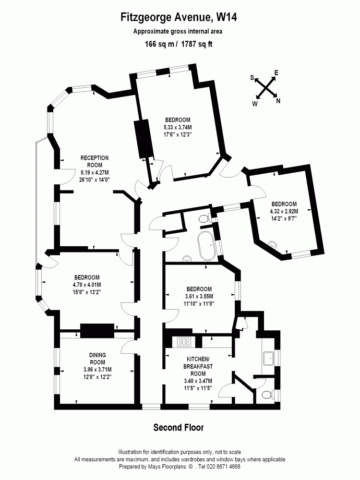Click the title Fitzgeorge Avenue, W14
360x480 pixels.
(x=179, y=18)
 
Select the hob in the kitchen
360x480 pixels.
(x=185, y=342)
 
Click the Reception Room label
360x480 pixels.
(x=95, y=158)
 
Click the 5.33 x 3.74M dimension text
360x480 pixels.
(x=178, y=127)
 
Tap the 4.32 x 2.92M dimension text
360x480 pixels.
(x=284, y=211)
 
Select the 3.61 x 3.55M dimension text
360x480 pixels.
(x=199, y=296)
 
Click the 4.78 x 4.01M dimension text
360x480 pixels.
(x=87, y=285)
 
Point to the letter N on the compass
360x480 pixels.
(x=278, y=101)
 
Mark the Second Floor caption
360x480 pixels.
(x=179, y=427)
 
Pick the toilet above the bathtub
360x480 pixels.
(x=205, y=219)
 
